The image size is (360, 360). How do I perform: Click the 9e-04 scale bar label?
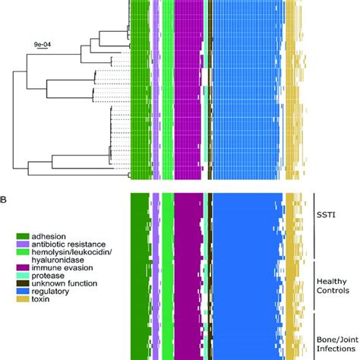pos(43,46)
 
